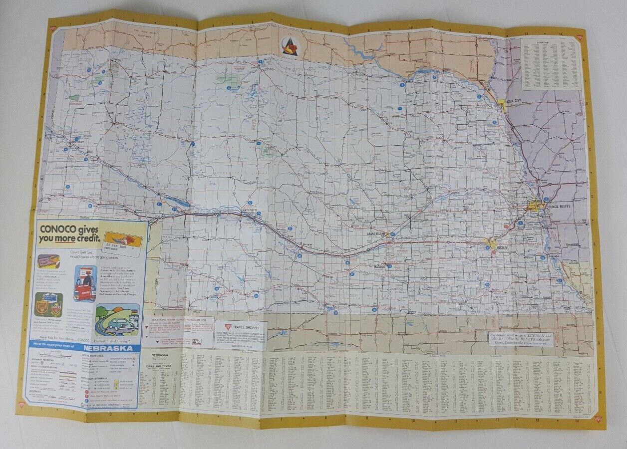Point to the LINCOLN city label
click(502, 247)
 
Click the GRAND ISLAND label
click(377, 233)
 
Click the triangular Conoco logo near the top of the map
click(290, 46)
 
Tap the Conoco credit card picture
click(123, 240)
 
